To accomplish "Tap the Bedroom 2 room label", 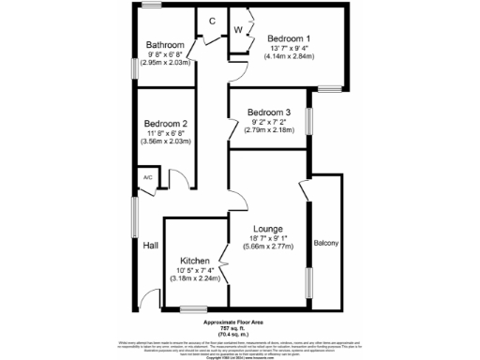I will pyautogui.click(x=166, y=124).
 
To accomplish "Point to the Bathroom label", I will pyautogui.click(x=165, y=45).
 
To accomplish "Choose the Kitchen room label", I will pyautogui.click(x=194, y=260).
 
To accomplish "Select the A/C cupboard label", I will pyautogui.click(x=147, y=177).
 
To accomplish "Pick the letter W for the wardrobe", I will pyautogui.click(x=238, y=29).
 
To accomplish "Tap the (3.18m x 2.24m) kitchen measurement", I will pyautogui.click(x=194, y=278).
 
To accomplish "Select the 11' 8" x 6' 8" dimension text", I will pyautogui.click(x=166, y=133).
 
